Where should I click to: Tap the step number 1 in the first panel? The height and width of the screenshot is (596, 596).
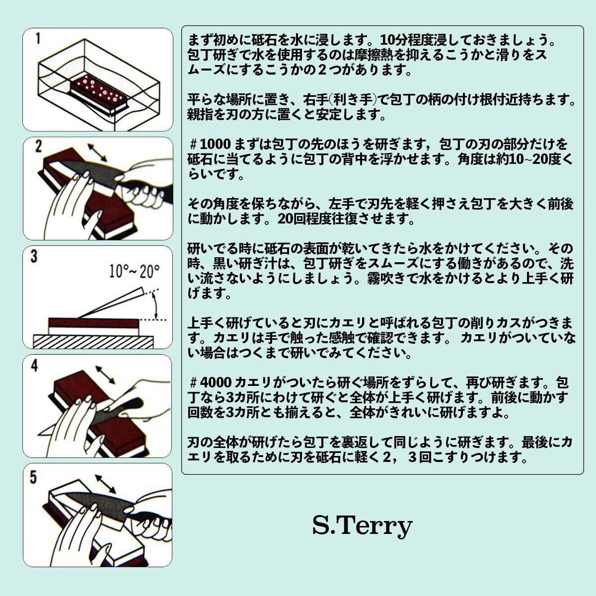click(38, 39)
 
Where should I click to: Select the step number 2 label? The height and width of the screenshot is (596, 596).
click(38, 147)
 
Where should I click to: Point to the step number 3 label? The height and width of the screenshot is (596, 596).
click(34, 256)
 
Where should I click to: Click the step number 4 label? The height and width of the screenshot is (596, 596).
click(35, 366)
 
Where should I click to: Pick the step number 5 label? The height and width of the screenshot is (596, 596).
click(33, 477)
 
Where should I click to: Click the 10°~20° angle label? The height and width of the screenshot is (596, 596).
click(135, 272)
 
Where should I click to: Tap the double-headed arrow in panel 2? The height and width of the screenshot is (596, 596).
click(97, 152)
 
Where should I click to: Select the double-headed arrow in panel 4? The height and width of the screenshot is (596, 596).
click(105, 375)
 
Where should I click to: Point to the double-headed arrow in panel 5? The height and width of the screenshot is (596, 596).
click(105, 484)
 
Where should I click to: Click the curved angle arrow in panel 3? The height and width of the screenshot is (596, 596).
click(155, 306)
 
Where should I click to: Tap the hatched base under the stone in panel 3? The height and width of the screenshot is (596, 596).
click(93, 342)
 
